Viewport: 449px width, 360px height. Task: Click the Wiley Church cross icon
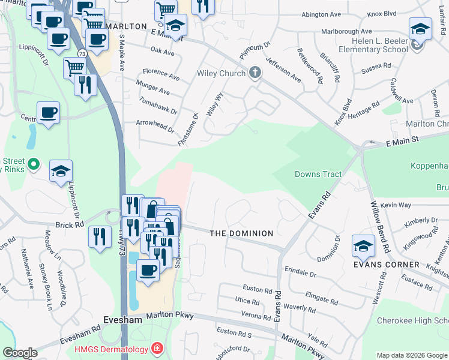(255, 73)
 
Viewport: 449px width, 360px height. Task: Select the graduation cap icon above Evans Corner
(363, 245)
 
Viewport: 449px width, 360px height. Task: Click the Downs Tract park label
(318, 175)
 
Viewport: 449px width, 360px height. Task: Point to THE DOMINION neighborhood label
(241, 233)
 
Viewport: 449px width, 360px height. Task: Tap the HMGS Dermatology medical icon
(157, 348)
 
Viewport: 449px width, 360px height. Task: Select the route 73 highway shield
(82, 54)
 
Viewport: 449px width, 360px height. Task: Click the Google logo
(19, 353)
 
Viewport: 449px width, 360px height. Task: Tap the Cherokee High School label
(412, 321)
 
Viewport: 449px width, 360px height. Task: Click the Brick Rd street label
(71, 224)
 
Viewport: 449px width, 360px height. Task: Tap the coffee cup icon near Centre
(48, 112)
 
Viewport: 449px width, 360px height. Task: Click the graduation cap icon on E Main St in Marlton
(175, 25)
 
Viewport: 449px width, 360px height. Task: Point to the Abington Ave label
(322, 14)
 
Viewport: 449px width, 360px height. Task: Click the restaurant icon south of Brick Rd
(100, 235)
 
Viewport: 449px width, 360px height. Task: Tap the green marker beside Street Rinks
(34, 163)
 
